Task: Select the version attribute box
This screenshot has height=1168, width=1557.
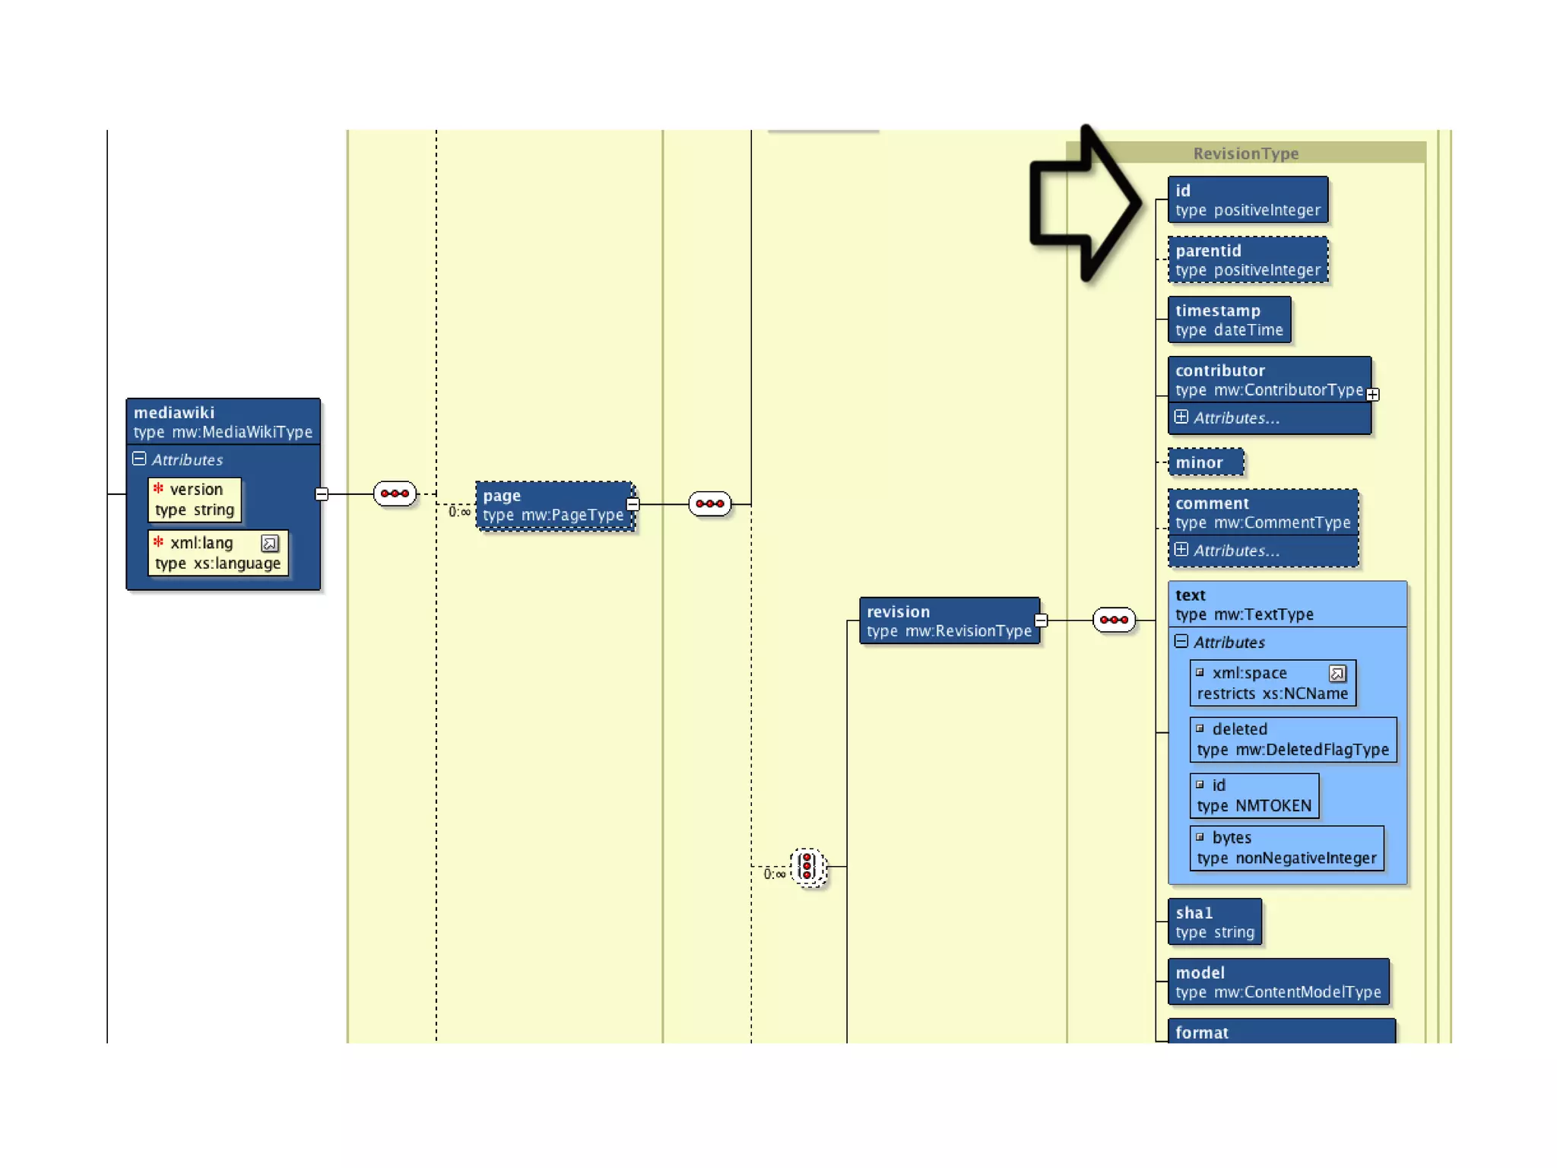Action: (x=195, y=500)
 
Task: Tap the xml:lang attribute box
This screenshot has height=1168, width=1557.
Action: (x=217, y=553)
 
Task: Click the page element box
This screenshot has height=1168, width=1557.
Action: (x=554, y=506)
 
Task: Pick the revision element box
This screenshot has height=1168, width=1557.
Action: (x=949, y=620)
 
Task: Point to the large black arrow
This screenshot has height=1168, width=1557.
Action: (x=1083, y=203)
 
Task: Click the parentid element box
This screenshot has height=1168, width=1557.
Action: (x=1248, y=260)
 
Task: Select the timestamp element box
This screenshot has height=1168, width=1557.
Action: (x=1229, y=320)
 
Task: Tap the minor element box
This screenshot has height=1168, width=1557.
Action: (x=1205, y=462)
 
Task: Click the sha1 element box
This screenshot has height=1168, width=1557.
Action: (x=1214, y=922)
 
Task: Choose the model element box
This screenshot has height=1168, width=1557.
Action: (x=1277, y=982)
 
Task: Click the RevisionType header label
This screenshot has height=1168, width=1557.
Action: (x=1245, y=154)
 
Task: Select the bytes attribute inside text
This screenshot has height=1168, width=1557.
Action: (x=1286, y=848)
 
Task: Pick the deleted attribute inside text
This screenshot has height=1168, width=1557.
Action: (x=1292, y=739)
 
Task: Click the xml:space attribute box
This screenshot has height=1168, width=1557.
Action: (x=1272, y=683)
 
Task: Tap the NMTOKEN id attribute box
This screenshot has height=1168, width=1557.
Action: (x=1254, y=795)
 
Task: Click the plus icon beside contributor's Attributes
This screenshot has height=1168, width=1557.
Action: (x=1181, y=417)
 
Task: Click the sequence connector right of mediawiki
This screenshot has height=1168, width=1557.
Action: (x=395, y=494)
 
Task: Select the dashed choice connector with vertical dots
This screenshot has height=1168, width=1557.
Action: (x=807, y=867)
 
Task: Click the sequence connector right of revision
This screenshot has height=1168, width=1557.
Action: (x=1114, y=620)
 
